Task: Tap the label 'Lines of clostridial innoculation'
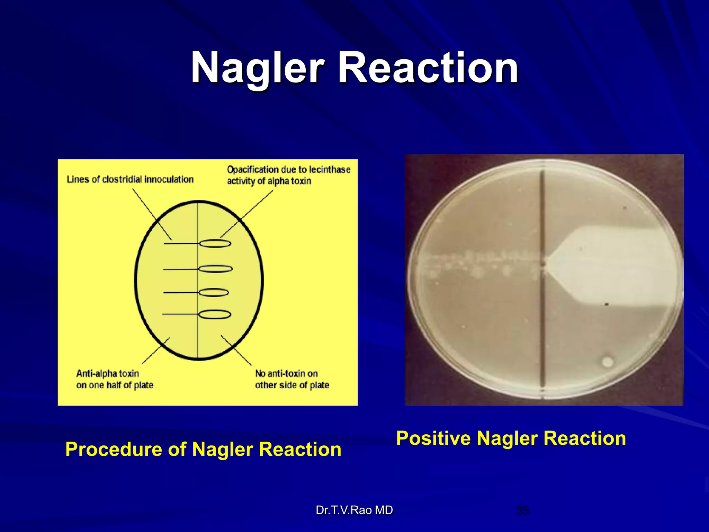(130, 179)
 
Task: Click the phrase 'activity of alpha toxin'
(269, 181)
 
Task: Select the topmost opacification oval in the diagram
(215, 244)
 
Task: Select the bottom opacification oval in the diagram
(215, 314)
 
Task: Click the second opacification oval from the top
(215, 269)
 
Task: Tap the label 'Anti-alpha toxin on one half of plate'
(115, 379)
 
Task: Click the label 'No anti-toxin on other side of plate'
(292, 379)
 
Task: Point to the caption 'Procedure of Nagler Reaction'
(203, 449)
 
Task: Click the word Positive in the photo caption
(433, 438)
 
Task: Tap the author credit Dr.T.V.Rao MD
(354, 510)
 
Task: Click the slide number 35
(522, 511)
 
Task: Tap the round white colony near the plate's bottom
(607, 362)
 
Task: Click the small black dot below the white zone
(607, 304)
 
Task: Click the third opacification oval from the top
(214, 293)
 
